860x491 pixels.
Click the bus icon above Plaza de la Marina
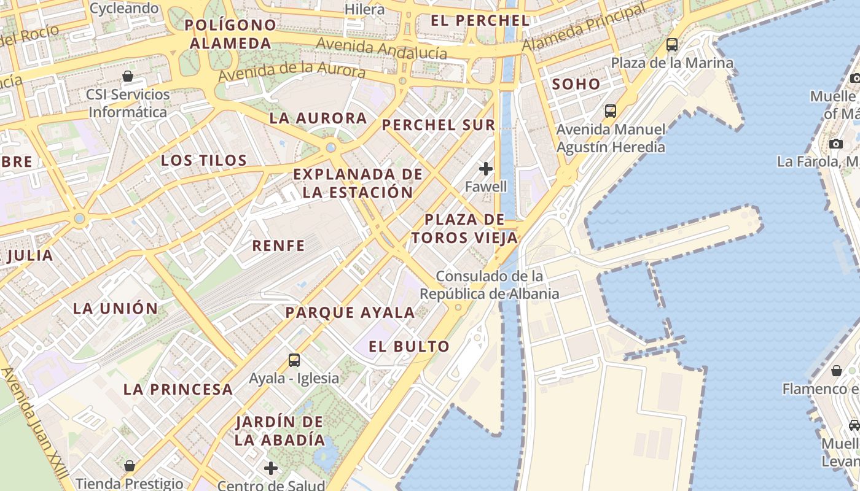click(671, 44)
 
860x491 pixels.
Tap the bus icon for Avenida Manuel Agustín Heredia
click(610, 111)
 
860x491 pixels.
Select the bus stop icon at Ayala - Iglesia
click(294, 360)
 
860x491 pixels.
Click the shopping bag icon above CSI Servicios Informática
click(128, 77)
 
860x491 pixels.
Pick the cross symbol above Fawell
click(486, 168)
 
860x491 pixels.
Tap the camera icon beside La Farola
click(835, 144)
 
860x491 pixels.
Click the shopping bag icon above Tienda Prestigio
click(129, 466)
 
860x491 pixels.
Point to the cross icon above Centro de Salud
click(271, 469)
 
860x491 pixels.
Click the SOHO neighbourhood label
click(576, 84)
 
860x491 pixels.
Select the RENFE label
click(279, 246)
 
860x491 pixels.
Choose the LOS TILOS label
click(204, 161)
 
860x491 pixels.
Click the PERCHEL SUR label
click(438, 125)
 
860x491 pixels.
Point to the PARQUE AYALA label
click(350, 312)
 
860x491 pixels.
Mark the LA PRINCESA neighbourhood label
click(178, 389)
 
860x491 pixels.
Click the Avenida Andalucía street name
click(381, 48)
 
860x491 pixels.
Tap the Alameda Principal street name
click(584, 28)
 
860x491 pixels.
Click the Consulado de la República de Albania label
click(490, 285)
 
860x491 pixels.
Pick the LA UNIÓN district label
click(115, 308)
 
